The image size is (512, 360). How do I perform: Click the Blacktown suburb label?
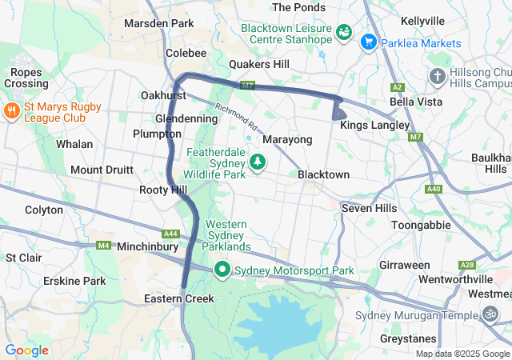point(323,174)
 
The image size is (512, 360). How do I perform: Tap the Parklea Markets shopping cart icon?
point(369,42)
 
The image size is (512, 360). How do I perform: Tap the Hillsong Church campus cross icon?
point(437,77)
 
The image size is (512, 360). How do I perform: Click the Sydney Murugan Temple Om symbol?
point(490,314)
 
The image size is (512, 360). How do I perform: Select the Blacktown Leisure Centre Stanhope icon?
point(344,33)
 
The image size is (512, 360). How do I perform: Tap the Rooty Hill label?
point(162,190)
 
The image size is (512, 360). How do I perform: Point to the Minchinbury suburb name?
point(148,247)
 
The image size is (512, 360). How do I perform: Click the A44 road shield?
point(170,234)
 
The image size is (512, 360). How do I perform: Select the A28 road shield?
point(466,265)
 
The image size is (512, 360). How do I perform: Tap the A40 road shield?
point(434,189)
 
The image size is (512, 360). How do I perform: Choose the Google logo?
point(26,350)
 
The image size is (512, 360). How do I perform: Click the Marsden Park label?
point(159,23)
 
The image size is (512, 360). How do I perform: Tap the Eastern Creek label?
point(179,298)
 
